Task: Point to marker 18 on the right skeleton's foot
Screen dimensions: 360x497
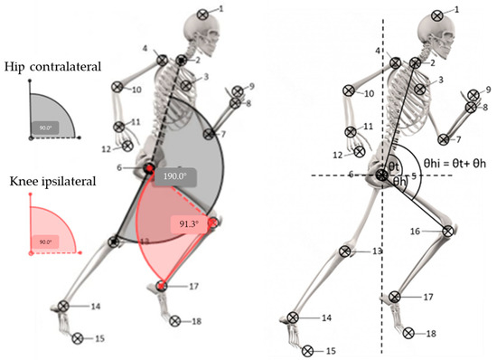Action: pyautogui.click(x=408, y=333)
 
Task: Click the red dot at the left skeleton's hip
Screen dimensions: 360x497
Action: pyautogui.click(x=148, y=170)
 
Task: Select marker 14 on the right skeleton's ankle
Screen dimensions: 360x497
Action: pyautogui.click(x=293, y=317)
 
